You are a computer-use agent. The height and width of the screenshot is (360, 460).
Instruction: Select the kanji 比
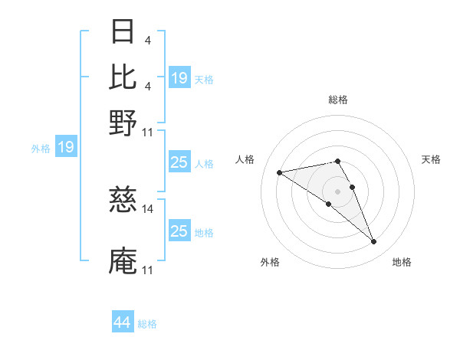[x=123, y=75]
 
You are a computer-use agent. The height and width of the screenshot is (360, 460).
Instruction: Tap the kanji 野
[x=123, y=123]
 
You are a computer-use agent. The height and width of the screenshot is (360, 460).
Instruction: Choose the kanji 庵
[x=123, y=260]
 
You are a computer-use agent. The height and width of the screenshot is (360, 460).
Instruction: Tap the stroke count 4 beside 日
[x=147, y=40]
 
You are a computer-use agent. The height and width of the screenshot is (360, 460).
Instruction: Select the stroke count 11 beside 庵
[x=147, y=270]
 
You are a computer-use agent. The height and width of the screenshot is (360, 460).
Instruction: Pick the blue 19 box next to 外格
[x=66, y=148]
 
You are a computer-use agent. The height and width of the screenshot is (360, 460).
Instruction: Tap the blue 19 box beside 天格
[x=179, y=78]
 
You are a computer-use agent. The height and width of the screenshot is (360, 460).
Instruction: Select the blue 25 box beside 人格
[x=179, y=163]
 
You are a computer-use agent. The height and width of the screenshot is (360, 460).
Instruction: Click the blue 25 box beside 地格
[x=179, y=231]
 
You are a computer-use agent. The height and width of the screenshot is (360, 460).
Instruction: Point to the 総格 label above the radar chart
[x=337, y=100]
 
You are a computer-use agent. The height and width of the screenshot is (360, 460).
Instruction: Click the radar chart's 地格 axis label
[x=402, y=263]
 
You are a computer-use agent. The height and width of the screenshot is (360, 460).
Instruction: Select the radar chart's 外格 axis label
[x=270, y=263]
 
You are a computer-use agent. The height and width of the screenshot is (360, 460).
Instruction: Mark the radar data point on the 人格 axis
[x=280, y=172]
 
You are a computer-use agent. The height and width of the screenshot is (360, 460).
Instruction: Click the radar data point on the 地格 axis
[x=374, y=242]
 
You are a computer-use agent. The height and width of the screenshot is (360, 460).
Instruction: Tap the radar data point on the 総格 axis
[x=337, y=161]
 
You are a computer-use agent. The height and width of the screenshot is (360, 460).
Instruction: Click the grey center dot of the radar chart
[x=337, y=190]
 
